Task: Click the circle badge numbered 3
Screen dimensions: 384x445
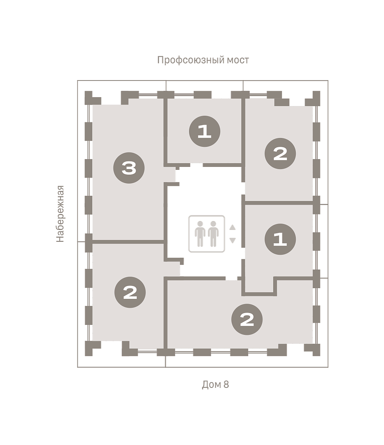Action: click(x=129, y=168)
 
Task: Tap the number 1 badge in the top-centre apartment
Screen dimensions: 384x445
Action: click(x=204, y=131)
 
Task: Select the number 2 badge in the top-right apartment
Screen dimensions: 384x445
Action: click(x=280, y=154)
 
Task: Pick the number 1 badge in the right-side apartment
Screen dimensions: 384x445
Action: click(x=280, y=239)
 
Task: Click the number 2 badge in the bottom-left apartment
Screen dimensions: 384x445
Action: click(x=130, y=292)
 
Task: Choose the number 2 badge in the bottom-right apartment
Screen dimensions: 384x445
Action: click(x=247, y=319)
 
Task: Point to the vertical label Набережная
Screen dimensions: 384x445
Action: click(x=60, y=214)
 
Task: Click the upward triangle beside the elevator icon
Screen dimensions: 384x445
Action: click(x=232, y=227)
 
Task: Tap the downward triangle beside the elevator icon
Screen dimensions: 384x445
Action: click(x=232, y=240)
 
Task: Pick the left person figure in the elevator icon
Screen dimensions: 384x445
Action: click(x=200, y=234)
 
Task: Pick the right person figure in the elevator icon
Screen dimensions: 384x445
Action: click(x=213, y=234)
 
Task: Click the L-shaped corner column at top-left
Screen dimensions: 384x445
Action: click(x=91, y=98)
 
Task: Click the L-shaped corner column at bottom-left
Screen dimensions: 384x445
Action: click(x=91, y=349)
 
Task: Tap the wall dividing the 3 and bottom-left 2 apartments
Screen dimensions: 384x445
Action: click(x=128, y=242)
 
